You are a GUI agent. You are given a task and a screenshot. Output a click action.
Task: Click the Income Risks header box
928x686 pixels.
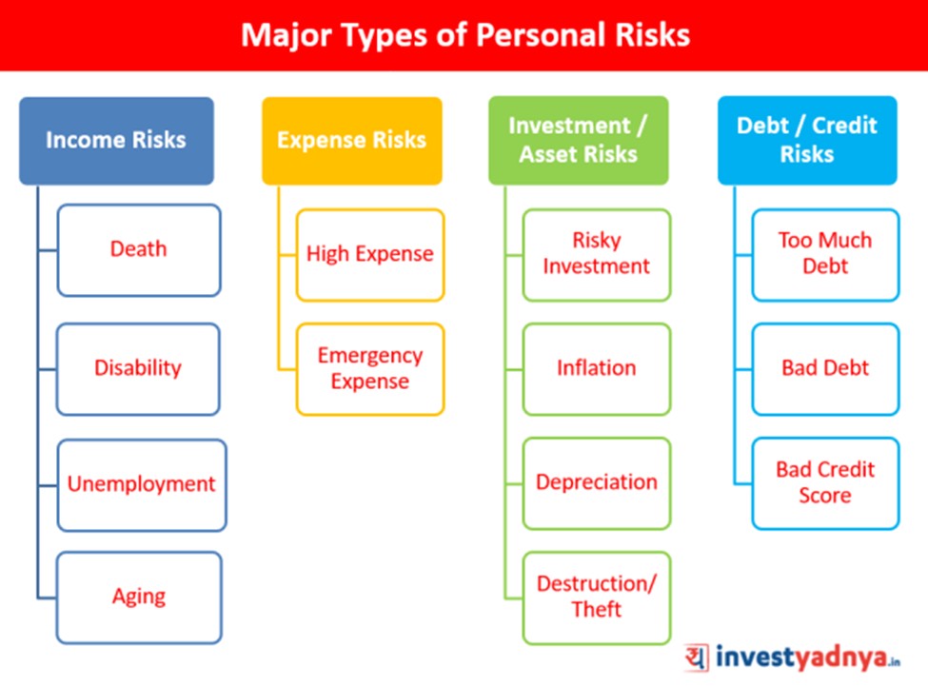click(116, 141)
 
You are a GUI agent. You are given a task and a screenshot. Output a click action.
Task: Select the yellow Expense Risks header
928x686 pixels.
click(352, 141)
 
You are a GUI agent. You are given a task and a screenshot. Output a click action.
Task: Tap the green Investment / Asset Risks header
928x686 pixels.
click(579, 141)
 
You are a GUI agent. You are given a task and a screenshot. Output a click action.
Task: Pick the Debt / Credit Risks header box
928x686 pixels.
click(807, 141)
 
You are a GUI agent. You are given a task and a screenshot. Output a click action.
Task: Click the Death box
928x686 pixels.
click(139, 250)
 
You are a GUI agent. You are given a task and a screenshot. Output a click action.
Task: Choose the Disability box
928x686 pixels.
click(138, 369)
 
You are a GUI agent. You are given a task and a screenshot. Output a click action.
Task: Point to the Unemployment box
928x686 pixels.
click(142, 485)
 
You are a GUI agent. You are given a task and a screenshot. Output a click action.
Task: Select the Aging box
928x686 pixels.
click(139, 598)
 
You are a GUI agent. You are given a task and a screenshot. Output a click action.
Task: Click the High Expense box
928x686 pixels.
click(370, 255)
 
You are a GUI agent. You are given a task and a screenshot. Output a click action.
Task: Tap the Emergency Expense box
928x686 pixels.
click(370, 369)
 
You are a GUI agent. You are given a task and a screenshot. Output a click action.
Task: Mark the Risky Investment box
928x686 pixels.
click(597, 255)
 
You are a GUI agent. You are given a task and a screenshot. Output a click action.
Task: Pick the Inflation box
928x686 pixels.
click(597, 369)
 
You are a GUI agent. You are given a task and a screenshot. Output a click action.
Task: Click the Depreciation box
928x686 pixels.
click(597, 483)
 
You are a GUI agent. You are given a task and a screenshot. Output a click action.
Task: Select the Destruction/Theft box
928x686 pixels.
click(597, 598)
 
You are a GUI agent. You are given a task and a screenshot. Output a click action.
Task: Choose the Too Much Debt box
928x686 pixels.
click(825, 255)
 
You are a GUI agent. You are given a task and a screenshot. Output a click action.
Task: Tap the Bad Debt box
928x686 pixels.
click(825, 369)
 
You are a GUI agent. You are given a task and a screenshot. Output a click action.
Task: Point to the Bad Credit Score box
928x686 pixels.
click(825, 483)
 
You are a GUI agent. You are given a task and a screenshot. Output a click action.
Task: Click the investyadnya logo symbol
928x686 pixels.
click(697, 657)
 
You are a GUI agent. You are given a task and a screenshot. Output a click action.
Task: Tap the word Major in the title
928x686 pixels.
click(286, 36)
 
